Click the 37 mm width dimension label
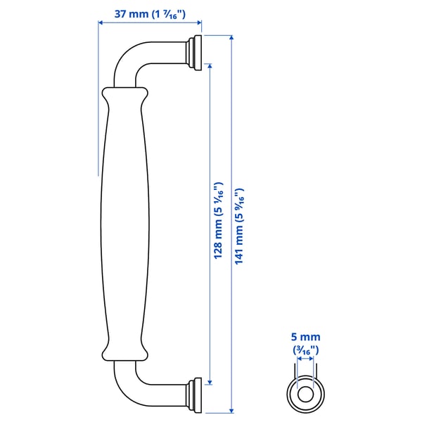pos(149,12)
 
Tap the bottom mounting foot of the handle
pos(194,396)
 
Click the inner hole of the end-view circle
pos(307,395)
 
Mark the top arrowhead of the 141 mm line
pos(231,37)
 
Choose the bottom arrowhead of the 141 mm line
pos(231,410)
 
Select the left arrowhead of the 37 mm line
pos(101,23)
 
